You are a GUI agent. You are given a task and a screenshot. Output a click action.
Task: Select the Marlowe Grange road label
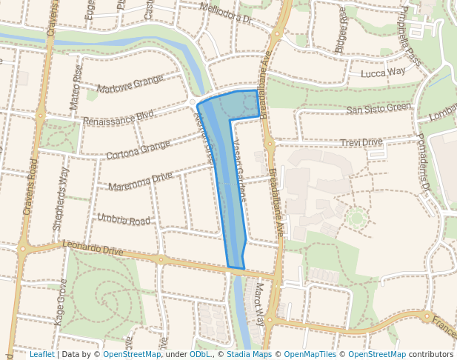point(130,84)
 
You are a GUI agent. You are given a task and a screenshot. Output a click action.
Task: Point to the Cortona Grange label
point(139,150)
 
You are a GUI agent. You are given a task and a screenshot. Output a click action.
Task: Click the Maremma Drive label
point(140,181)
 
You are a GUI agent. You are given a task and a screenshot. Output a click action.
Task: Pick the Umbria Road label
point(124,220)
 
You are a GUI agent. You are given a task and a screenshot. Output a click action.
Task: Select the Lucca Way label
point(383,73)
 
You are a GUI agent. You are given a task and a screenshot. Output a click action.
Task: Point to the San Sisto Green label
point(378,109)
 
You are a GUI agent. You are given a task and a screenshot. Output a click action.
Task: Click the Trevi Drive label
point(361,142)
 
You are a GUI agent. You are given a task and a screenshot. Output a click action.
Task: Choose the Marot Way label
point(259,302)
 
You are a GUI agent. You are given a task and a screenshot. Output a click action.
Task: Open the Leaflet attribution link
point(41,354)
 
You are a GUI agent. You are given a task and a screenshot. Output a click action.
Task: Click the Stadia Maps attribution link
point(249,354)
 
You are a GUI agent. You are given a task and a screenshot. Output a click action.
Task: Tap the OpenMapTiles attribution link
point(310,354)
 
